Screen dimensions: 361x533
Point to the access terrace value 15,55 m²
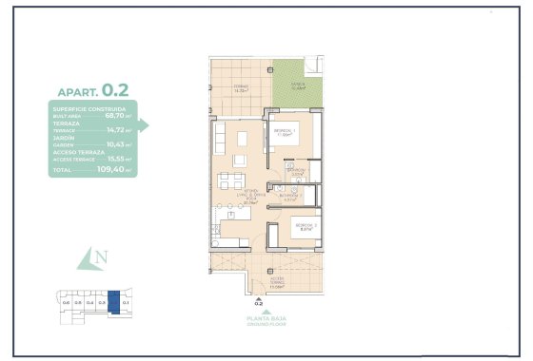tap(119, 160)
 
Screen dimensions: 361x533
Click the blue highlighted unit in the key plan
tap(113, 301)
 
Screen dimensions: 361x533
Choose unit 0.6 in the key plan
tap(66, 301)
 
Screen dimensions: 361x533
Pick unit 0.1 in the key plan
tap(126, 301)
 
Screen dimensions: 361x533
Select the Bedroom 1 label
tap(286, 132)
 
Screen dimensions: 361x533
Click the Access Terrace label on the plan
tap(276, 281)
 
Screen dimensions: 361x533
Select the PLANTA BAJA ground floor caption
tap(259, 320)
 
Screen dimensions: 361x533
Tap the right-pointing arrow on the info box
tap(145, 123)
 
